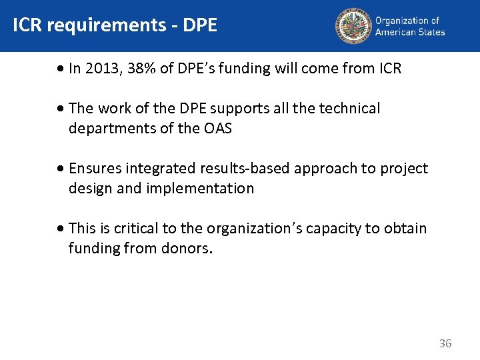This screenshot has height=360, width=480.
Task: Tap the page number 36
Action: coord(445,343)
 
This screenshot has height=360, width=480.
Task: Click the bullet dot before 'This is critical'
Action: coord(61,229)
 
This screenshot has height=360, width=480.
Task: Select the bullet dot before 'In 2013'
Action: coord(61,69)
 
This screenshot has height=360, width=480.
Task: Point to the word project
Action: coord(404,169)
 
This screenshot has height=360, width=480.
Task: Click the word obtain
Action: coord(404,229)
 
